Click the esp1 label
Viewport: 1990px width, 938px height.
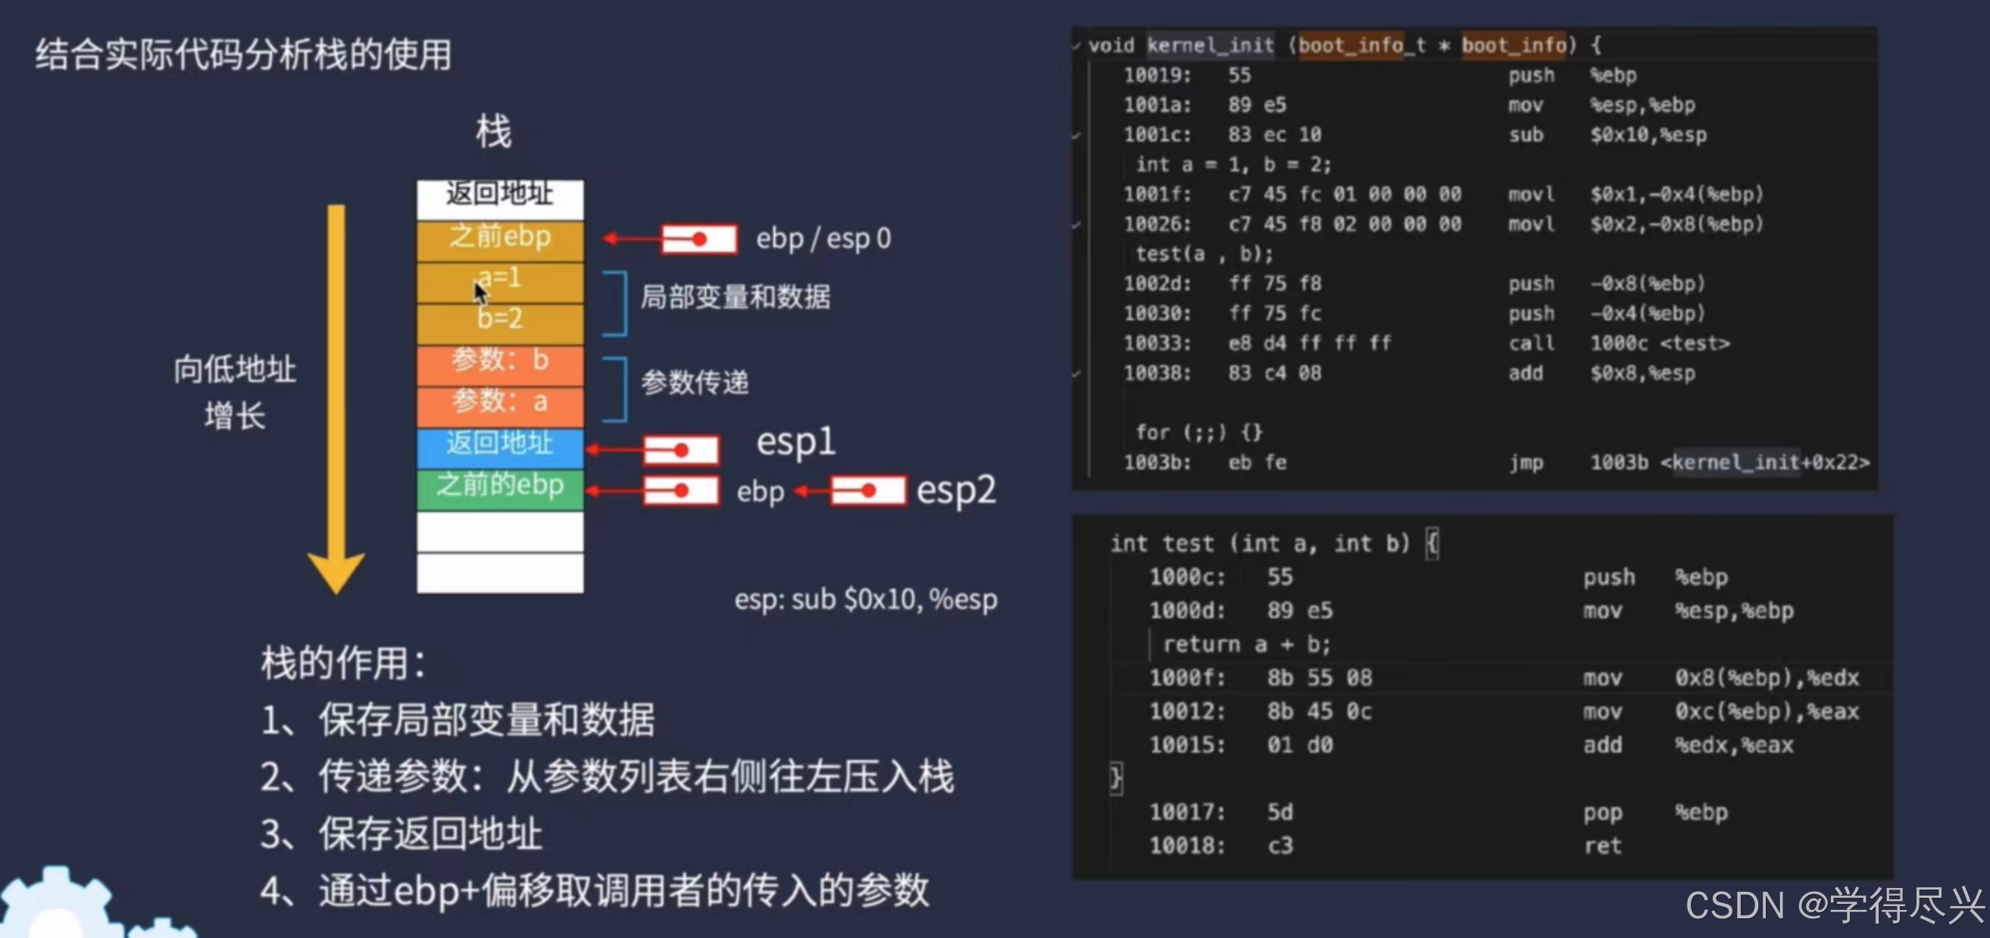[x=795, y=442]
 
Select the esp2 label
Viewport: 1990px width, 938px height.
[x=955, y=491]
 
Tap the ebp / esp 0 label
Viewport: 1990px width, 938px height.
[x=823, y=239]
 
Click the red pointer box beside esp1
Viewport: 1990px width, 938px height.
[x=681, y=451]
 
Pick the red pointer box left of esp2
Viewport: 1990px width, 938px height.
[x=867, y=491]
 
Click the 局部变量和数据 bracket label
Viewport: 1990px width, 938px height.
[x=735, y=297]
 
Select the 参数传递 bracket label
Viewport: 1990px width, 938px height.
[x=695, y=383]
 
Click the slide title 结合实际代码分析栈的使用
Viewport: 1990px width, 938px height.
[x=243, y=55]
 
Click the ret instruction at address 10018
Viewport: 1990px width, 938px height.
[x=1602, y=846]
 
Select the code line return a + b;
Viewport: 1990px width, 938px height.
[x=1246, y=644]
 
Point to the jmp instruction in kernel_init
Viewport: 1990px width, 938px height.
[x=1526, y=463]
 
